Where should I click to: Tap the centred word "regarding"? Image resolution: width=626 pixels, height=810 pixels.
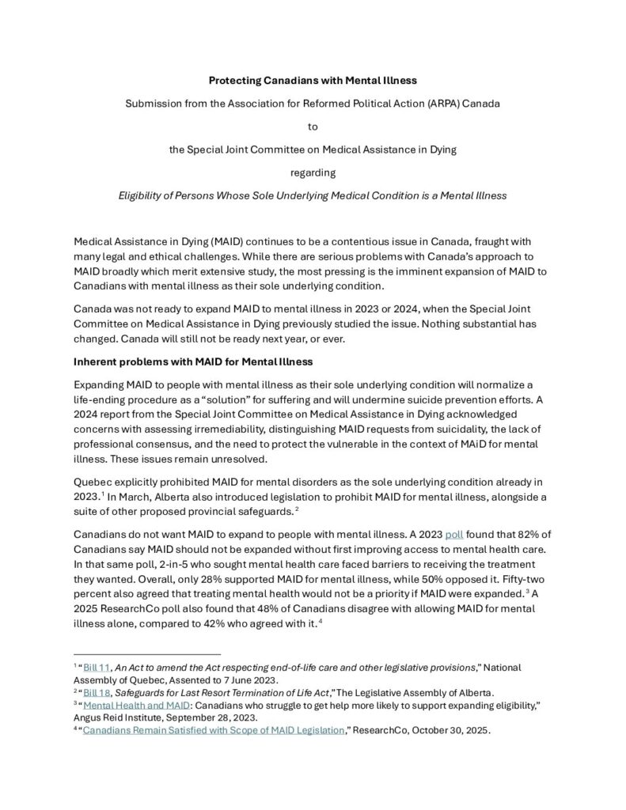[x=313, y=172]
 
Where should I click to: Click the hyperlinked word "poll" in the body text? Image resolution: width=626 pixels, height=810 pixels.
[x=454, y=535]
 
